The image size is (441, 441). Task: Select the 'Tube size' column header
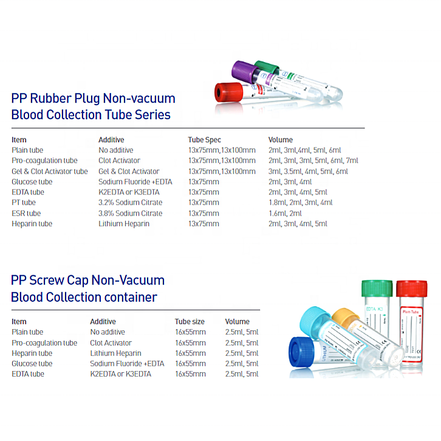point(190,321)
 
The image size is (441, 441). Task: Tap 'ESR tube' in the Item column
point(26,213)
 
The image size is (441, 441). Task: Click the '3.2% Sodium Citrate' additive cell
point(130,202)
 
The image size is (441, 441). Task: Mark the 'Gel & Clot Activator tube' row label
point(50,171)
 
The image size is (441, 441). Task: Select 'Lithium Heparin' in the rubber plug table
point(124,224)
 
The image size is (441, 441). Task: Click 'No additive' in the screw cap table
point(108,332)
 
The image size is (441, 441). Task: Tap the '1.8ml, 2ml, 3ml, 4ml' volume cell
point(300,202)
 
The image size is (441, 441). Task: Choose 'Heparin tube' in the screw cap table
point(32,353)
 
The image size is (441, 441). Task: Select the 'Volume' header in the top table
point(280,140)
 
